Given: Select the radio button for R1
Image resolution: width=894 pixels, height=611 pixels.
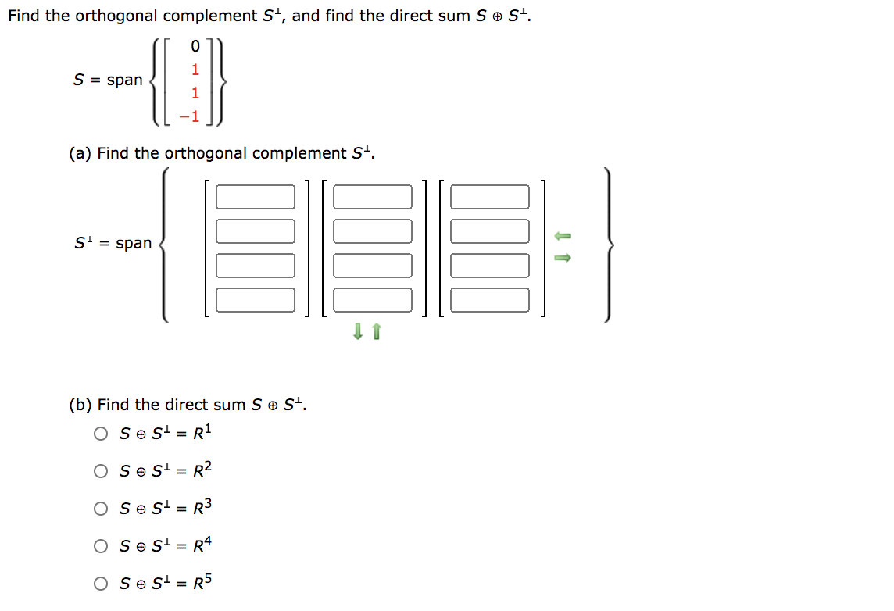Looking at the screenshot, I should coord(101,434).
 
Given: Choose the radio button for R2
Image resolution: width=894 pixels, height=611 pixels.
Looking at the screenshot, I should coord(101,471).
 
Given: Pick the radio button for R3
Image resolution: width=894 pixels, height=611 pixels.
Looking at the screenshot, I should coord(101,509).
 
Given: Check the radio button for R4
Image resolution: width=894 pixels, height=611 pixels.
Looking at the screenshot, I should coord(101,546).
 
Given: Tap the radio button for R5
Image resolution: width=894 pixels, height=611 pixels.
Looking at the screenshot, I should coord(101,584).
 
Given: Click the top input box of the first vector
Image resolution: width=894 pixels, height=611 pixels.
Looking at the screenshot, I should coord(256,197).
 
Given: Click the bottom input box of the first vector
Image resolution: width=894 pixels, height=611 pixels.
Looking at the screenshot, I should coord(256,300).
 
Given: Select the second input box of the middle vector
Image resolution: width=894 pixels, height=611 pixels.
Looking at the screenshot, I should coord(373,231).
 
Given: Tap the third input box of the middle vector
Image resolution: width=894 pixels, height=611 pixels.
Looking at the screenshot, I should coord(373,266).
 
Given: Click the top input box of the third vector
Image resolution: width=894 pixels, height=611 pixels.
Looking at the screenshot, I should coord(490,197).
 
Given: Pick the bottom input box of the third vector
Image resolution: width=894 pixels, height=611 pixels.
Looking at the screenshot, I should coord(490,300).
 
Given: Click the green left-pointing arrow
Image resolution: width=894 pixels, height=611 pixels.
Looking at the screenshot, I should coord(563,235).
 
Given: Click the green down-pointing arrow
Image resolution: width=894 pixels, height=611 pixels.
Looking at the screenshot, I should coord(358,332).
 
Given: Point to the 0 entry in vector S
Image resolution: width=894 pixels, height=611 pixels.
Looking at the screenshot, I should coord(195,47).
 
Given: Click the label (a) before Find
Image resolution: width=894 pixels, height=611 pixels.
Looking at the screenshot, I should coord(80,154).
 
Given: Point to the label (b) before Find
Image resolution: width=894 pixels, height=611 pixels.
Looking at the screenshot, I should coord(80,405).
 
